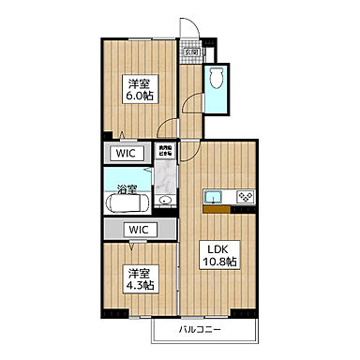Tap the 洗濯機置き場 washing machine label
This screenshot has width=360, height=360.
click(x=165, y=150)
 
